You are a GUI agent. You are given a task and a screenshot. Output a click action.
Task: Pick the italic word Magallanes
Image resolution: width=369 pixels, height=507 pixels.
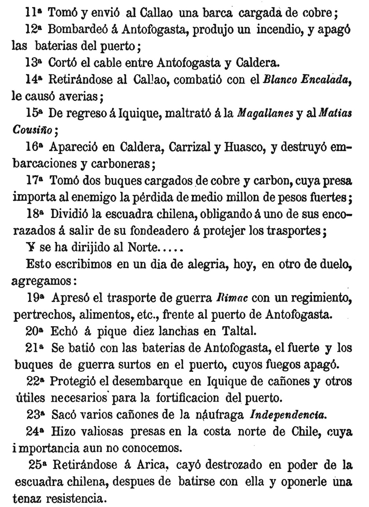[266, 113]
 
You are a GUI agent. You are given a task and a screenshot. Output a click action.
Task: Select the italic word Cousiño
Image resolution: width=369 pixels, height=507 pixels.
[33, 130]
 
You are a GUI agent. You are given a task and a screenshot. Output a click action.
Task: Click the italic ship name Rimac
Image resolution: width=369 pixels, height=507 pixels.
[232, 298]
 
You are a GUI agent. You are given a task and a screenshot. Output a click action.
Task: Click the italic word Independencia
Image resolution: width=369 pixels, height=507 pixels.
[288, 415]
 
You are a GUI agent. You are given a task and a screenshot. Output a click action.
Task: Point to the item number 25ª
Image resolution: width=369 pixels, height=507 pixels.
[37, 465]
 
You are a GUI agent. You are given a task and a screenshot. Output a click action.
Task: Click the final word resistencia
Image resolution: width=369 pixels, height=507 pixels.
[75, 499]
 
